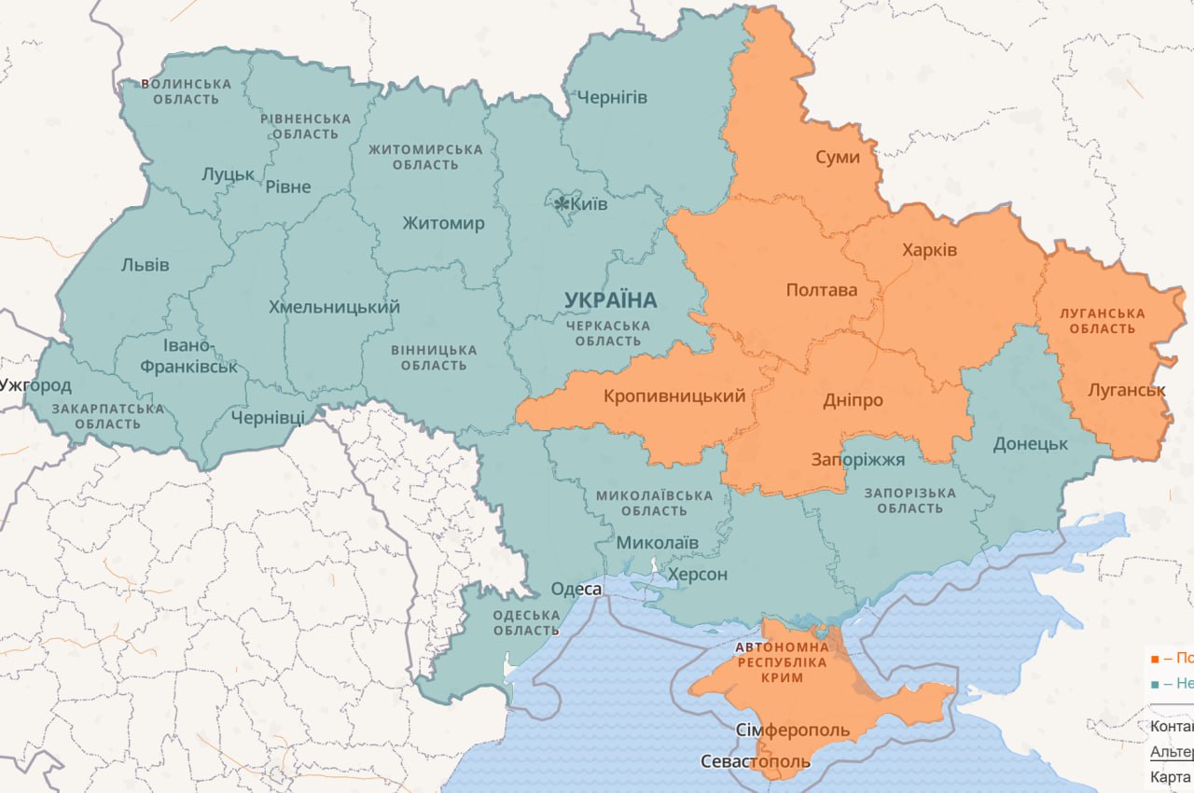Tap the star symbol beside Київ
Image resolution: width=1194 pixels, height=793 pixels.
[562, 203]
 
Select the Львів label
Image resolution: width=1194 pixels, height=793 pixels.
[146, 265]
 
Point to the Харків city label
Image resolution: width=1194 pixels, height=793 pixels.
[929, 250]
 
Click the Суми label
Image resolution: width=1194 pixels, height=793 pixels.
[837, 157]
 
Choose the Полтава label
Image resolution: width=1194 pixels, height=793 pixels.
[821, 290]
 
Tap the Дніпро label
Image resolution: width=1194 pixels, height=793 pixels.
[853, 399]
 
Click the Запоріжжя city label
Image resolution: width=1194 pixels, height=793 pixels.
[857, 460]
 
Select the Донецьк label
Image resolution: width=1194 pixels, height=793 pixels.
[1030, 443]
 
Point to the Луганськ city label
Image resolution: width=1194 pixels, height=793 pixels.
[1126, 390]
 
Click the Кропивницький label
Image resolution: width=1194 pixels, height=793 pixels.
[673, 396]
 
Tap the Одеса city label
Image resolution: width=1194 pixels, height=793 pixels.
[576, 589]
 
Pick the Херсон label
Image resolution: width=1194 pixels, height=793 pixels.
[697, 574]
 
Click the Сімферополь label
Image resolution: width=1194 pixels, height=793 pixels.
[792, 729]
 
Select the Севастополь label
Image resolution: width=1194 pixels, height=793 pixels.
[756, 761]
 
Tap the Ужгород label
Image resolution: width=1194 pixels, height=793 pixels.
[35, 384]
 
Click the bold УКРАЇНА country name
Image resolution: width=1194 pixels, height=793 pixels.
[610, 300]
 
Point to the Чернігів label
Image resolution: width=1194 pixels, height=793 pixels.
[612, 97]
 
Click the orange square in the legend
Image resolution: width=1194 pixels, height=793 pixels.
[1155, 658]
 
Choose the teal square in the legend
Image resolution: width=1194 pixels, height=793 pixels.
[1155, 684]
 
